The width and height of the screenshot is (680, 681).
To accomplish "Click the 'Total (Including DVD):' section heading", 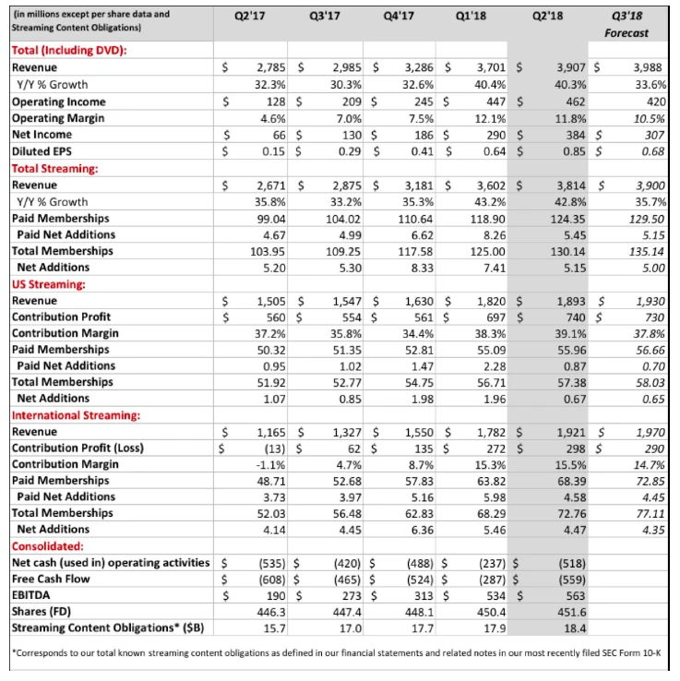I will click(69, 51).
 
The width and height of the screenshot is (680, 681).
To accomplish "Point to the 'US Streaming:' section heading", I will click(47, 283).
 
